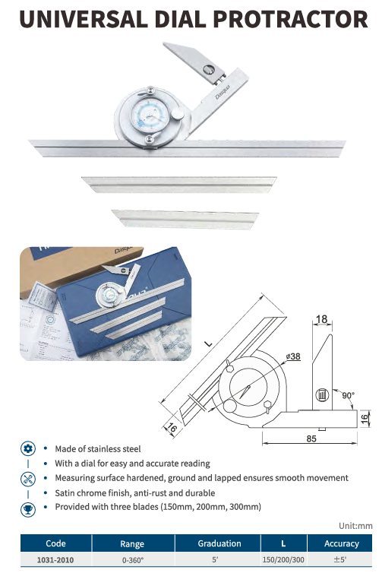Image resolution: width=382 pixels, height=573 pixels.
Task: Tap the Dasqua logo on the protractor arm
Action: pos(223,92)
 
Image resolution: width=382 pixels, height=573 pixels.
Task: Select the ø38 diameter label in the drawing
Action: pos(292,356)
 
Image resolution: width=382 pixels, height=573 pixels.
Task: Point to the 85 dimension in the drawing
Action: pos(311,438)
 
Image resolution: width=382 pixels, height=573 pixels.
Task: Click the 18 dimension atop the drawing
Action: pos(321,319)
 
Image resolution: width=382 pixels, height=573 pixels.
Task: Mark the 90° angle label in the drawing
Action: pos(347,395)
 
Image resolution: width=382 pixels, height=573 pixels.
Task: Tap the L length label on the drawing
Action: pos(208,343)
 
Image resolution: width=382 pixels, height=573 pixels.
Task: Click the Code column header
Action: pos(55,543)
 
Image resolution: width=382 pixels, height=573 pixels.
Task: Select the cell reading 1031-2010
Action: pos(55,559)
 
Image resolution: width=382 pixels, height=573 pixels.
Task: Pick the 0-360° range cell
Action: pos(133,560)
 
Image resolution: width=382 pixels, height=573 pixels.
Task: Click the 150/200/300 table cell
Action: pos(283,559)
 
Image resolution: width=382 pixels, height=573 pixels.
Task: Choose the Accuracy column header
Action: pos(341,543)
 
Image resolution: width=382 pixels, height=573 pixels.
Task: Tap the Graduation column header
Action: pos(219,543)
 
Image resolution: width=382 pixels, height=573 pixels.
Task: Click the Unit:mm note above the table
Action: pos(355,525)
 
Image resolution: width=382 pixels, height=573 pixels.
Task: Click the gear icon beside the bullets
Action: pos(28,448)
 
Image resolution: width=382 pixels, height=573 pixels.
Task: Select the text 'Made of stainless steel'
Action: pos(97,449)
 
